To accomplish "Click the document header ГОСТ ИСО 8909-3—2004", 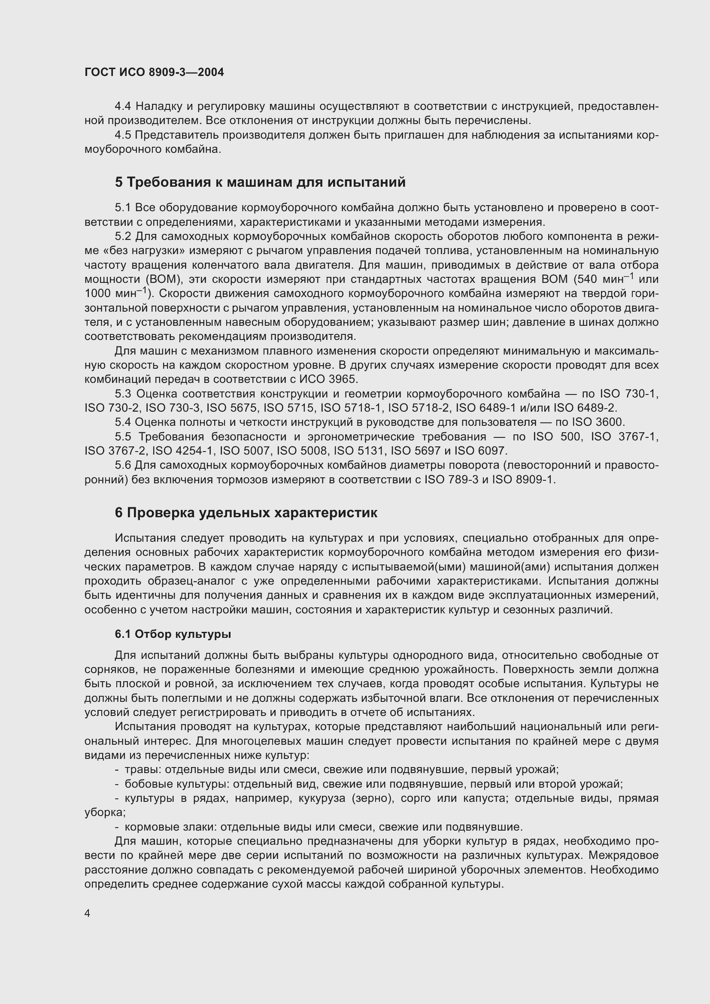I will click(154, 73).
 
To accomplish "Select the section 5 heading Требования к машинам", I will click(260, 182).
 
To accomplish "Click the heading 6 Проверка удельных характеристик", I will click(246, 513).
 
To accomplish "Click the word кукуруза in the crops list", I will click(322, 798).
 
